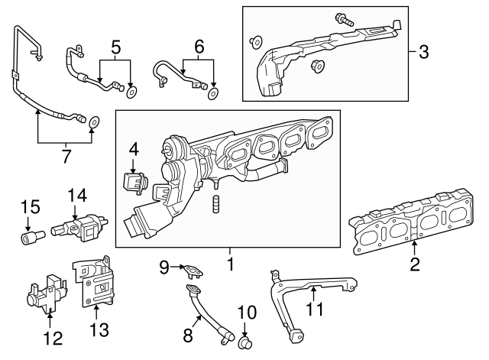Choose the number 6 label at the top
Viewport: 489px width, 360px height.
click(199, 47)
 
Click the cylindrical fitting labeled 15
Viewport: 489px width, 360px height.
click(31, 238)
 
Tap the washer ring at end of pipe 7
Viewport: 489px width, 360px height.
click(94, 121)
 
